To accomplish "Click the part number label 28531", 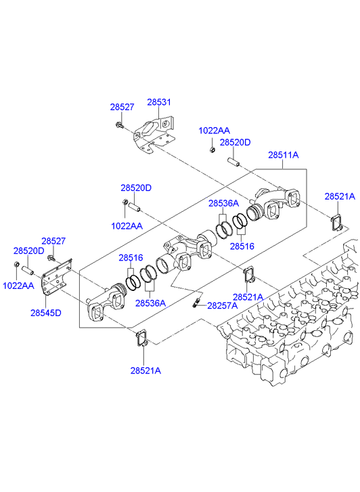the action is pyautogui.click(x=159, y=102).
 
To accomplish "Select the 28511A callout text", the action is pyautogui.click(x=283, y=155).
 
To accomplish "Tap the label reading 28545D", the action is pyautogui.click(x=46, y=313).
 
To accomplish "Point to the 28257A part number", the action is pyautogui.click(x=223, y=306).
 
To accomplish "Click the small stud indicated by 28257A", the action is pyautogui.click(x=196, y=303).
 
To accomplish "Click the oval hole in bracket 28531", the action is pyautogui.click(x=147, y=129).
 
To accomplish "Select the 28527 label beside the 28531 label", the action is pyautogui.click(x=122, y=107).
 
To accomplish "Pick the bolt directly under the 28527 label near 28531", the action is pyautogui.click(x=118, y=125).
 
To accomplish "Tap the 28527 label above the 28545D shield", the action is pyautogui.click(x=53, y=241).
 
